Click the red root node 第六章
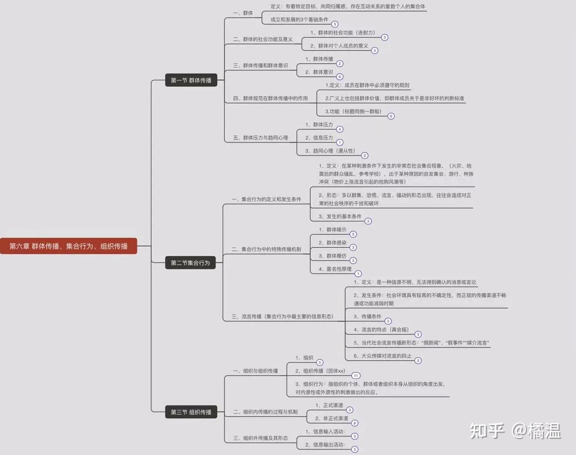click(x=69, y=246)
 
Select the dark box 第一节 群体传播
click(x=191, y=80)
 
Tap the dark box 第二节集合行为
click(x=190, y=263)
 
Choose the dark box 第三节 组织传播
click(x=191, y=412)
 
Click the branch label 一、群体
click(x=243, y=13)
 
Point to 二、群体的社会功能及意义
click(x=263, y=39)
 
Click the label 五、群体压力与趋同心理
click(x=261, y=138)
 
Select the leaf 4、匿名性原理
click(x=335, y=269)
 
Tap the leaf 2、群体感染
click(x=333, y=243)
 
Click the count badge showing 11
click(x=356, y=375)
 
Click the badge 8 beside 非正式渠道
click(x=355, y=423)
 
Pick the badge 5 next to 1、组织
click(x=320, y=362)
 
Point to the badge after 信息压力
click(x=340, y=142)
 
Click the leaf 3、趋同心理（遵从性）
click(x=330, y=151)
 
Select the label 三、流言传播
click(x=283, y=316)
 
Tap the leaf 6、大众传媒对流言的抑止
click(x=382, y=356)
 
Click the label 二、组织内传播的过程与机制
click(x=266, y=412)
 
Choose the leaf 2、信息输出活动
click(x=325, y=444)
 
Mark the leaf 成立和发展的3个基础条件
click(x=299, y=19)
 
